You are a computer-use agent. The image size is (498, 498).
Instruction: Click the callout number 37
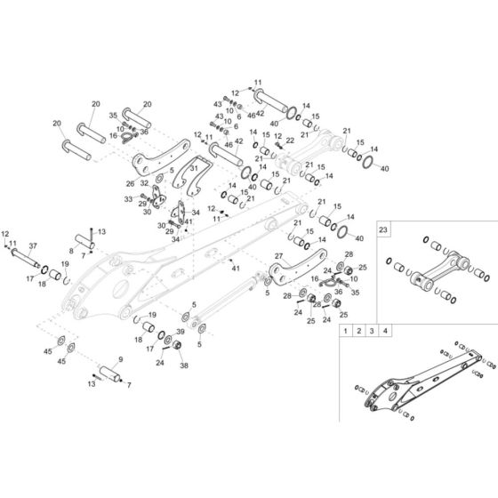tap(34, 245)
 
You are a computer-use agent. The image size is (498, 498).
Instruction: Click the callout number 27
tap(278, 256)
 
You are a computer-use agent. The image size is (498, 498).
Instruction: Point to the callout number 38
tap(185, 365)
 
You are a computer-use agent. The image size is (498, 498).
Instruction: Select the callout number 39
tap(181, 331)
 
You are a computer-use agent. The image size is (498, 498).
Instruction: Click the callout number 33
tap(127, 199)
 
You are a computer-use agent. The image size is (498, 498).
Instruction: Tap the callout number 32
tap(143, 184)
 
